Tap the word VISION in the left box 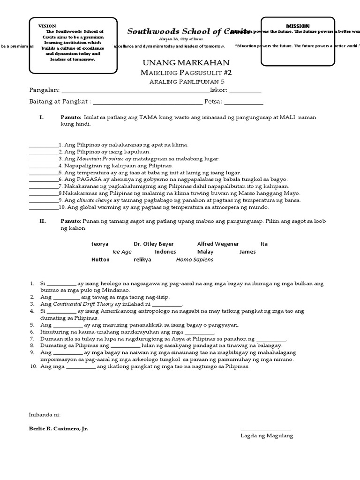pyautogui.click(x=47, y=26)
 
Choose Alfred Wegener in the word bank pyautogui.click(x=218, y=244)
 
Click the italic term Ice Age pyautogui.click(x=122, y=252)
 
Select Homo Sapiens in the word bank pyautogui.click(x=194, y=259)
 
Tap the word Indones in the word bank pyautogui.click(x=165, y=252)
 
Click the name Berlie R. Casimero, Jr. pyautogui.click(x=59, y=428)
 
